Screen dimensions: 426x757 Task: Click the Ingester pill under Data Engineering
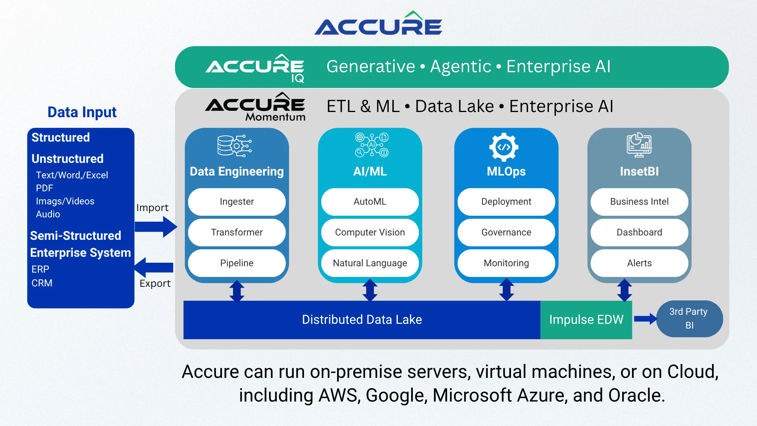pos(237,202)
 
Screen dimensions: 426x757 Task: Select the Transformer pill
pos(237,232)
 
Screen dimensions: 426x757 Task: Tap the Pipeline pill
pos(237,263)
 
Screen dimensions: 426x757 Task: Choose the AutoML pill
pos(370,202)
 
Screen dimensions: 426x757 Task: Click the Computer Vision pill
pos(370,232)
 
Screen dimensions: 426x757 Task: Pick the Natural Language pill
pos(370,263)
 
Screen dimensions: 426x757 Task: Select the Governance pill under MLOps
pos(506,232)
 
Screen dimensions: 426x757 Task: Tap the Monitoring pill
pos(506,263)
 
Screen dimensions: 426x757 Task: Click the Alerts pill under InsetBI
pos(639,263)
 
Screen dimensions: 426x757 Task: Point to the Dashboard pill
pos(639,232)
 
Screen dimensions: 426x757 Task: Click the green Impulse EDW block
pos(586,319)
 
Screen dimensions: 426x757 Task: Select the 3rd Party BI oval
pos(689,319)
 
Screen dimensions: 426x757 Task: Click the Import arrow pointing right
pos(156,227)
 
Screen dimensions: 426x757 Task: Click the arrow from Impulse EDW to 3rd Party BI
pos(645,319)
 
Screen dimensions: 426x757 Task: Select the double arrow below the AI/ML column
pos(370,290)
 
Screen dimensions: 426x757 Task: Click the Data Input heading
pos(82,112)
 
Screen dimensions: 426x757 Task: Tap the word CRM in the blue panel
pos(42,283)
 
